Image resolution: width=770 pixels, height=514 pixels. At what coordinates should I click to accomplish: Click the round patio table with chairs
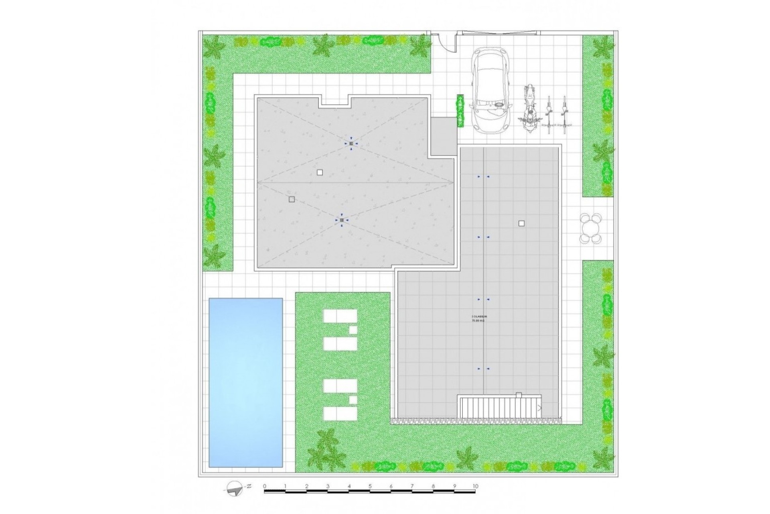pyautogui.click(x=590, y=228)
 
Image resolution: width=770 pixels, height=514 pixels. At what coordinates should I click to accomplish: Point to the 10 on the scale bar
pyautogui.click(x=475, y=486)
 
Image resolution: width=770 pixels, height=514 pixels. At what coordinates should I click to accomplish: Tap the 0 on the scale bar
pyautogui.click(x=265, y=486)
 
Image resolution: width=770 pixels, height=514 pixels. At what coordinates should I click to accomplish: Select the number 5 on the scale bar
pyautogui.click(x=370, y=486)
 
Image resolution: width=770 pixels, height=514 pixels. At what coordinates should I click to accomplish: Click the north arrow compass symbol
pyautogui.click(x=235, y=488)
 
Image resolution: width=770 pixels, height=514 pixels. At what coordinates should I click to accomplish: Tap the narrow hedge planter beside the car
pyautogui.click(x=460, y=111)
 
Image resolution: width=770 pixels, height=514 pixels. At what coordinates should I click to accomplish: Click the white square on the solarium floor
pyautogui.click(x=521, y=224)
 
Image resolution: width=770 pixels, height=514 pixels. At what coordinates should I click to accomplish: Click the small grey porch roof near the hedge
pyautogui.click(x=443, y=137)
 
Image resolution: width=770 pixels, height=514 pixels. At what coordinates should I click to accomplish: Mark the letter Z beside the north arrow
pyautogui.click(x=249, y=486)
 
